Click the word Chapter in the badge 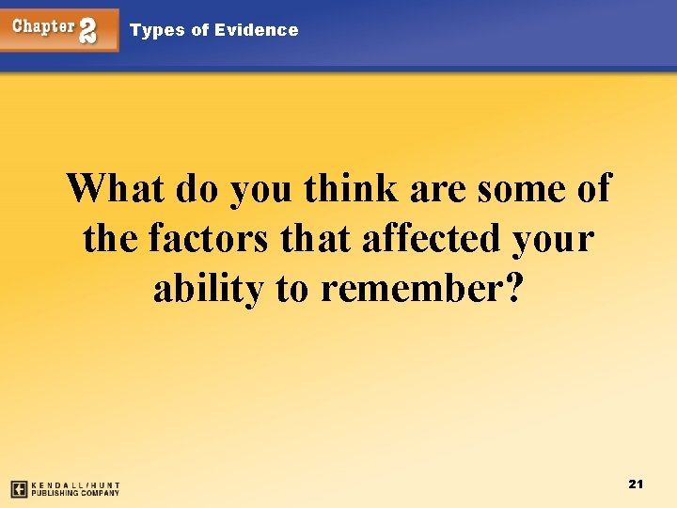(x=43, y=26)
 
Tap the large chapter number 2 (x=88, y=30)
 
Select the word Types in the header (x=158, y=30)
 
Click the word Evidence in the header (x=256, y=30)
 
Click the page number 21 (x=635, y=484)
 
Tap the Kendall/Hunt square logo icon (x=19, y=488)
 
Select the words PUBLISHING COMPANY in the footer (x=75, y=492)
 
